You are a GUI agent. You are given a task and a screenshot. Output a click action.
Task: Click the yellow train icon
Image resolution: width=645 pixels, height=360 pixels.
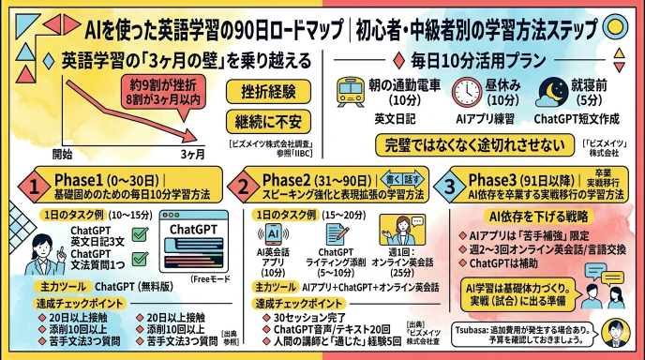point(352,92)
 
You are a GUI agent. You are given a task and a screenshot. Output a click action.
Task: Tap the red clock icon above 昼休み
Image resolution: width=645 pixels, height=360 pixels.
point(466,92)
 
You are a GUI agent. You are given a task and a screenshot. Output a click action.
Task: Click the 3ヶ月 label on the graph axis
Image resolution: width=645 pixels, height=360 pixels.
point(192,153)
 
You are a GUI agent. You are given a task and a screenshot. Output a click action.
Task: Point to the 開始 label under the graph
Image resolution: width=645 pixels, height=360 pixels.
point(62,153)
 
